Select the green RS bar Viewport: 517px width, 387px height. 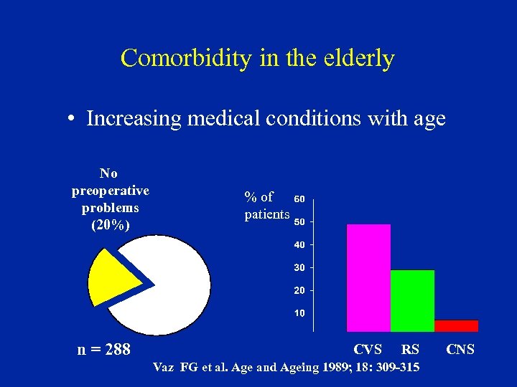(412, 300)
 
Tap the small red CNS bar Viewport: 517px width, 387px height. (456, 325)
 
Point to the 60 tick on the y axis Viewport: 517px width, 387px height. (300, 199)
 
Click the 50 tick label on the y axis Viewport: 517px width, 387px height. (300, 221)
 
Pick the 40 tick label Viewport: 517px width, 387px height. (300, 244)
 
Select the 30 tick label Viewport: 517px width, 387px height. (300, 267)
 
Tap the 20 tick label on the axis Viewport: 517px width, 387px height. (300, 290)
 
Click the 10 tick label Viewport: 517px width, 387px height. (300, 313)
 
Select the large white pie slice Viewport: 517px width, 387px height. (172, 287)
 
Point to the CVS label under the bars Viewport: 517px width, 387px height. (368, 350)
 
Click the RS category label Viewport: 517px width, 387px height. (410, 350)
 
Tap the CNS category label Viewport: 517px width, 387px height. (460, 350)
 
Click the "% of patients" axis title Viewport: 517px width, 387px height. (266, 205)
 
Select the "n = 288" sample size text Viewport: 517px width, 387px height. (104, 350)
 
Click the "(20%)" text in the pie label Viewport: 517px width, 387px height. (110, 224)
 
